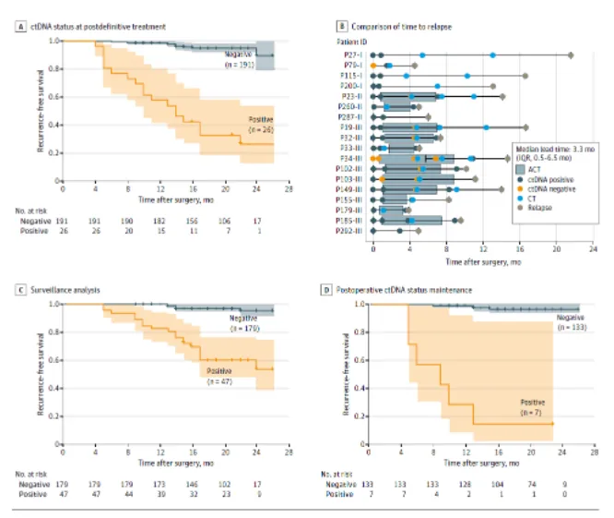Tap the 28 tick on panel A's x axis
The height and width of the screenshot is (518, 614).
coord(288,189)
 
